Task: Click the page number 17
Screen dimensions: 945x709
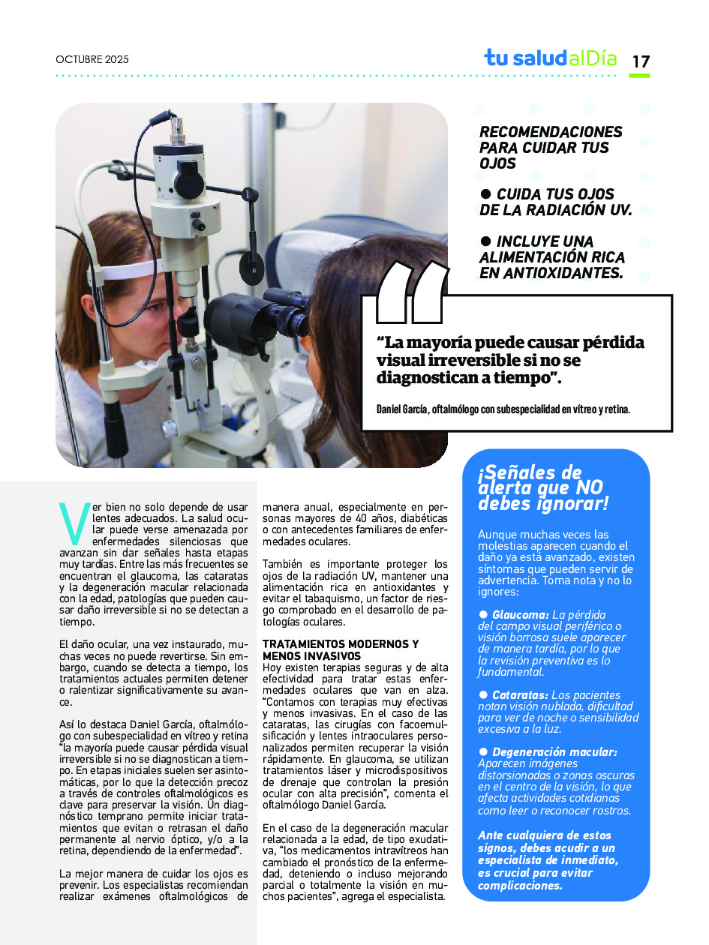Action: tap(641, 61)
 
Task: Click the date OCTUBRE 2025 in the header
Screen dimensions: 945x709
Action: tap(92, 60)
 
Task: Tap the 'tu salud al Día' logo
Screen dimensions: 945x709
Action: tap(550, 58)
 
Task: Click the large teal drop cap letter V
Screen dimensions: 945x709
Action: tap(74, 523)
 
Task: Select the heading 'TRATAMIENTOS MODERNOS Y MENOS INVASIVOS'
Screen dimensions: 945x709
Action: tap(340, 650)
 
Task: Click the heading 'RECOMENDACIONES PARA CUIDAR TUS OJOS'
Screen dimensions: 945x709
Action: tap(551, 147)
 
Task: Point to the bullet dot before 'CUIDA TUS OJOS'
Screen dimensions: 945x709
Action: tap(485, 194)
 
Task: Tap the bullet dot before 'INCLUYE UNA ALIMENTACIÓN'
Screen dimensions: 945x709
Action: tap(485, 241)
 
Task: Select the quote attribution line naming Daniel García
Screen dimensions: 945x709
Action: tap(503, 409)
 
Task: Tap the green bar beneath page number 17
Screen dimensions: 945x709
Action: tap(639, 76)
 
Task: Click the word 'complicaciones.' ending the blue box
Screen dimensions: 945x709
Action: tap(520, 885)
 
